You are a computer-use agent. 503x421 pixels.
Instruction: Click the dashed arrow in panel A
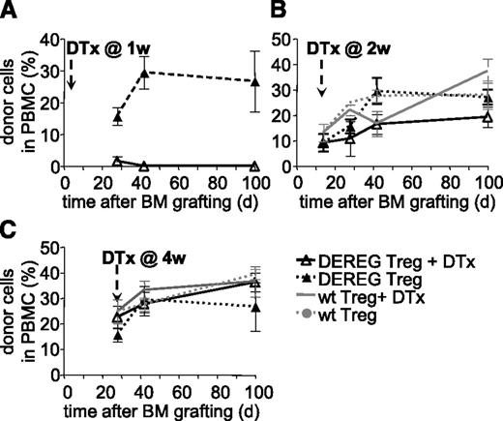(x=72, y=74)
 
